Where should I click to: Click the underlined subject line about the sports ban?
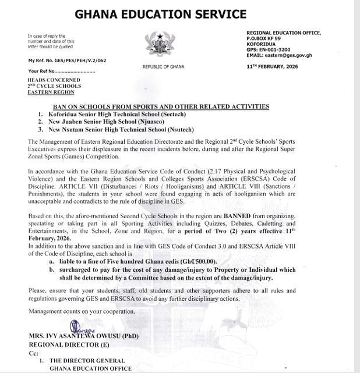point(161,106)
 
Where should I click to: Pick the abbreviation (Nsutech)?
point(175,129)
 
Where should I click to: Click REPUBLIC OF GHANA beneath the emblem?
point(163,67)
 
